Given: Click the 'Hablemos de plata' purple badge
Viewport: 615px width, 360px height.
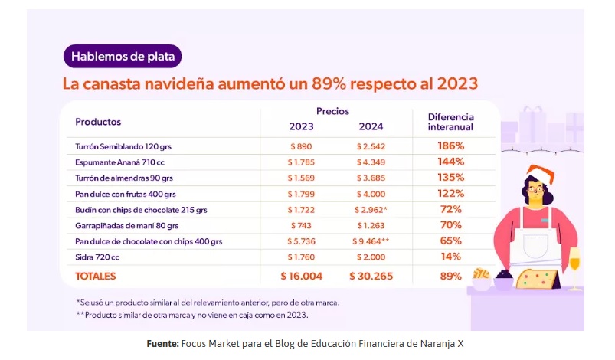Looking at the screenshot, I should click(122, 56).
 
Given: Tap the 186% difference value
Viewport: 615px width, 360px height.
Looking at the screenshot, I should click(451, 146).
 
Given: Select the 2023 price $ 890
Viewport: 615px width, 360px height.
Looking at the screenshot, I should click(301, 146).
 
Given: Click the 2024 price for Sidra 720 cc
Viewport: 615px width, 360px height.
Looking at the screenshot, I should click(371, 257).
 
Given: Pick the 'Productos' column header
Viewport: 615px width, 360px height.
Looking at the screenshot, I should click(98, 122).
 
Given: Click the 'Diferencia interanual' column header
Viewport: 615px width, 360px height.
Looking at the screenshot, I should click(450, 122).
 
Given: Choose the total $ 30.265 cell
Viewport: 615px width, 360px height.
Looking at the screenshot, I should click(371, 276).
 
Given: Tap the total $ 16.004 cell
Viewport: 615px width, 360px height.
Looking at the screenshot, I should click(301, 276).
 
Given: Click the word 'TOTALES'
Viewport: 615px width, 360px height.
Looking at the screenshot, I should click(96, 276).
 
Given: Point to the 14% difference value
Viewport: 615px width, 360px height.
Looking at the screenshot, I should click(451, 257).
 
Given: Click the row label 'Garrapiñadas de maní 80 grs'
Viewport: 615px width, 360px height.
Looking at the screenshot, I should click(127, 225).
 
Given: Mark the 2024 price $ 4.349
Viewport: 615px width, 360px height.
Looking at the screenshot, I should click(371, 162).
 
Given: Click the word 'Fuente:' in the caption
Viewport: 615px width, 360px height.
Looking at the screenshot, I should click(163, 343).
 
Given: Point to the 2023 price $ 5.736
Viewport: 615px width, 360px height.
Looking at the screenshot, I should click(301, 241).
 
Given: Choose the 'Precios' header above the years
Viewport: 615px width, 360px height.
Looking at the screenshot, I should click(333, 111).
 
